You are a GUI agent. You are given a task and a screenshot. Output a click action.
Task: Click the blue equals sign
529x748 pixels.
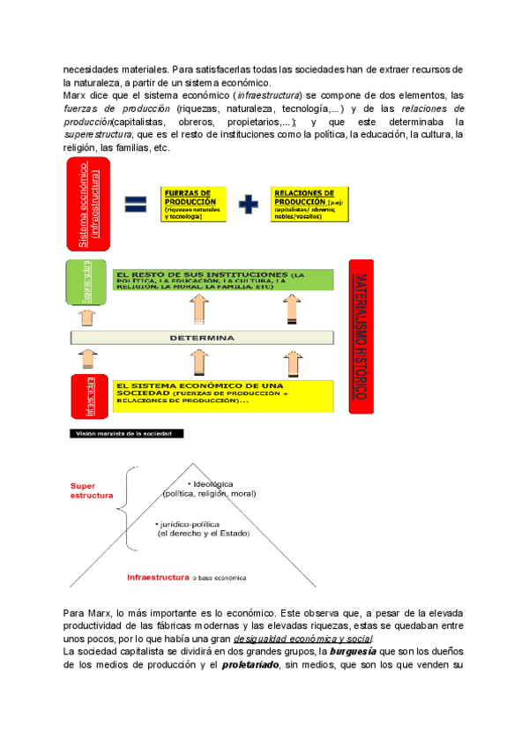pyautogui.click(x=136, y=203)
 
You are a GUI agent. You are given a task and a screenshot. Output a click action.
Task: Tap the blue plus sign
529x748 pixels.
pyautogui.click(x=250, y=203)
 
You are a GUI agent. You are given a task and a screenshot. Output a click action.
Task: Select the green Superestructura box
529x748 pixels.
pyautogui.click(x=87, y=280)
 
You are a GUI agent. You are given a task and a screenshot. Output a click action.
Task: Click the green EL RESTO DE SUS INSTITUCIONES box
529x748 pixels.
pyautogui.click(x=223, y=280)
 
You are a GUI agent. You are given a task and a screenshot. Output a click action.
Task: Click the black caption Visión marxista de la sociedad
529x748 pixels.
pyautogui.click(x=128, y=434)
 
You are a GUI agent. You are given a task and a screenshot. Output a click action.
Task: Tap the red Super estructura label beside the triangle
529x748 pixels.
pyautogui.click(x=93, y=490)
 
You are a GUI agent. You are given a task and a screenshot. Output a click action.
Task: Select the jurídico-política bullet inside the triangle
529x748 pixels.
pyautogui.click(x=204, y=527)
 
